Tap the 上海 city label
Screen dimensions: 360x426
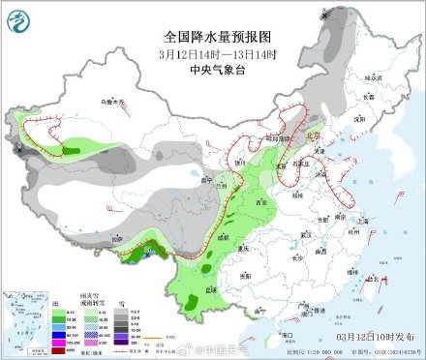(362, 221)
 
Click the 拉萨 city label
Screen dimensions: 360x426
(117, 239)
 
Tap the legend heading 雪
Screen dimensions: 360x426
(121, 303)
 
